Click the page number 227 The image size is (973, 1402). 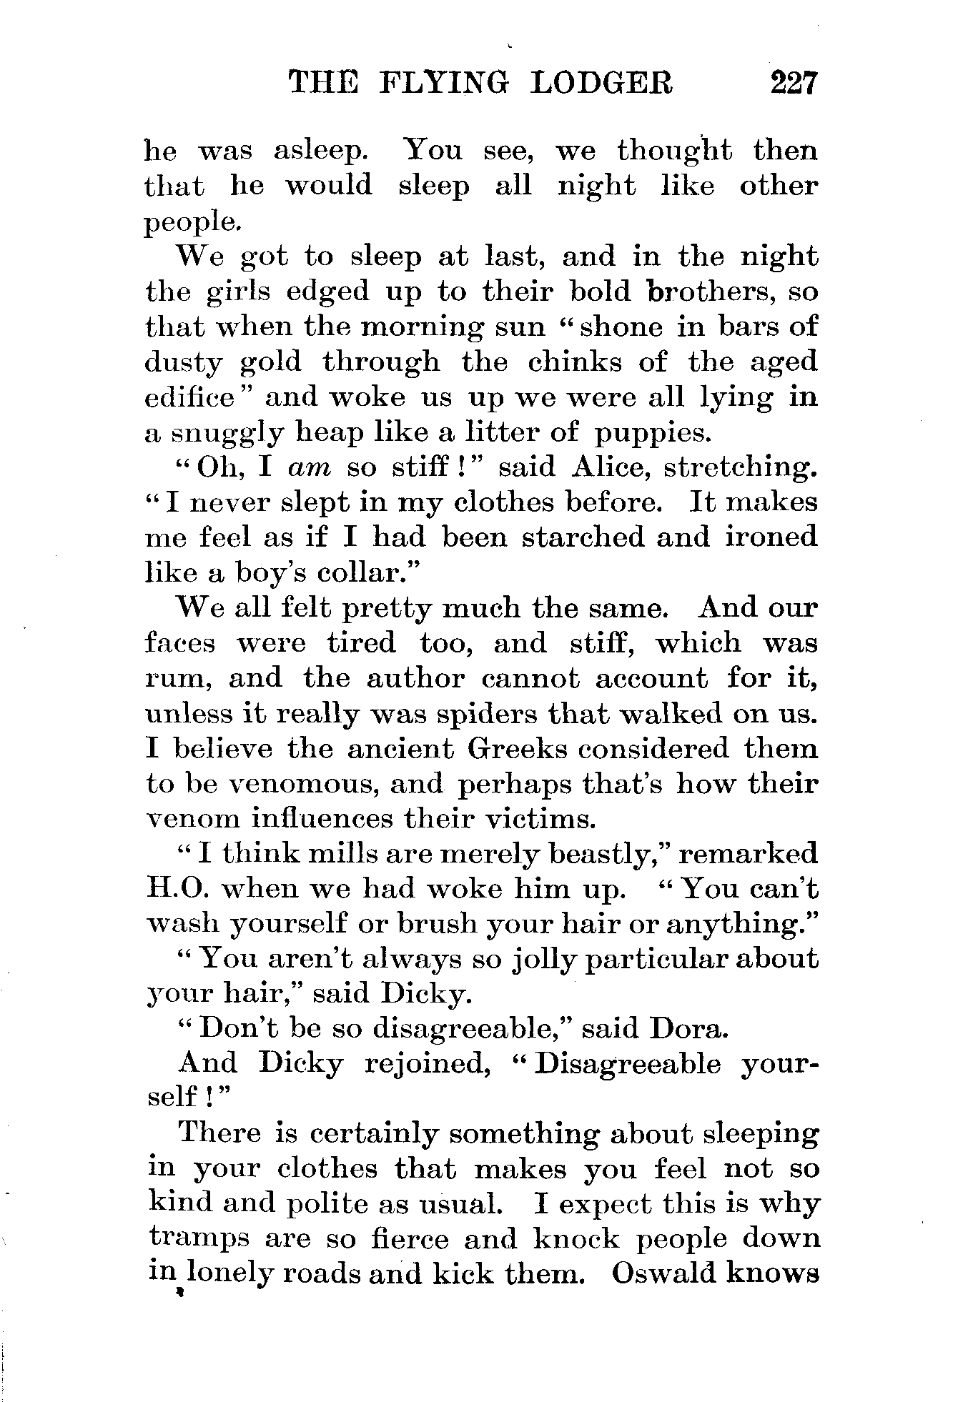[x=793, y=83]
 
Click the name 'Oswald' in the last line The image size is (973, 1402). [x=664, y=1274]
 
